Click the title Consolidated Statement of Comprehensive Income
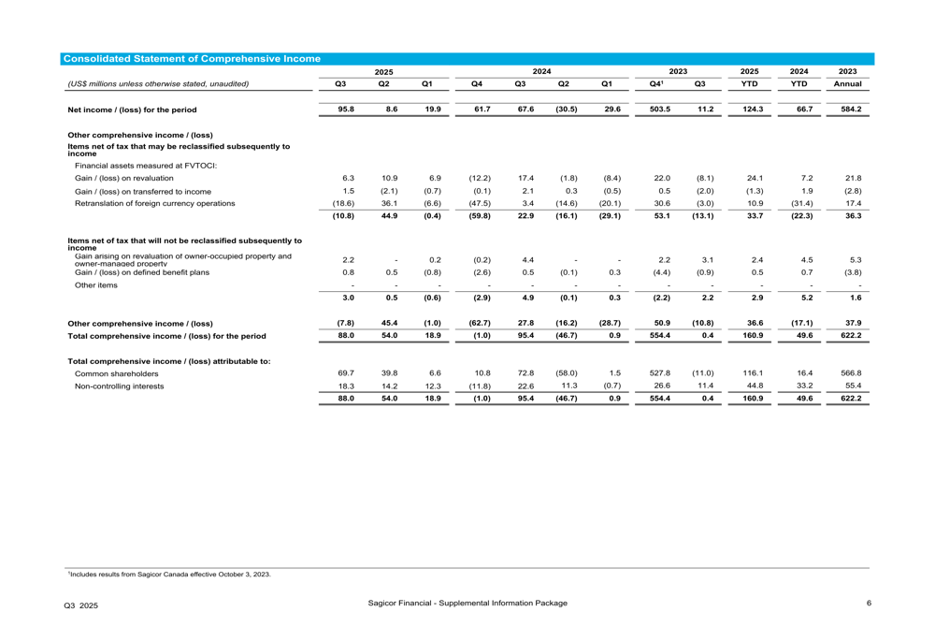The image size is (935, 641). coord(191,59)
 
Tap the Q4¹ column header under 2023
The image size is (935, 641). coord(658,84)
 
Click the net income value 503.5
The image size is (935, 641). coord(659,109)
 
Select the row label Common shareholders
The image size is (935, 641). coord(117,373)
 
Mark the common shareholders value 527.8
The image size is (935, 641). coord(659,372)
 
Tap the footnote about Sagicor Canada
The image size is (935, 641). coord(168,575)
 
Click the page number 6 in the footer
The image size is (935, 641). coord(869,603)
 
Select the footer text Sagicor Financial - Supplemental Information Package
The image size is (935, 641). coord(467,603)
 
